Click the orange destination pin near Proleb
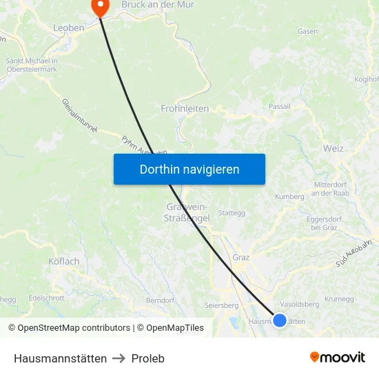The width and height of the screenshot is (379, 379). coord(101,7)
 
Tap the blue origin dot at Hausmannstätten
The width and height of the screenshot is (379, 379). coord(280,320)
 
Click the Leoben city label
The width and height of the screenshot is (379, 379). coord(69,28)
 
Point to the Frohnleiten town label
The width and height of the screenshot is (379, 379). coord(185,108)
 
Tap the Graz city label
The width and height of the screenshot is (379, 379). coord(241,257)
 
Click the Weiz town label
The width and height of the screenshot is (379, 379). coord(333,148)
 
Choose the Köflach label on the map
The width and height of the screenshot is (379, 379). coord(64,261)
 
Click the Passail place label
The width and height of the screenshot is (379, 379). coord(280,107)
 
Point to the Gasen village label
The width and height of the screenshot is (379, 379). coord(307,31)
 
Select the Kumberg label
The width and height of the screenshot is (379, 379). coord(289,196)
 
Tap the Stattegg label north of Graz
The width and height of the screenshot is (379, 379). coord(232,213)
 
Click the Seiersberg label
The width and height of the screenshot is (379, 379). coord(221,305)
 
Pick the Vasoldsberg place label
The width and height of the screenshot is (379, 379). coord(300,304)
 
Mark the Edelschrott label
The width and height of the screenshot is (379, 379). coord(47,298)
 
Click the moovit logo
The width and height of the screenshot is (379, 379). coord(338,358)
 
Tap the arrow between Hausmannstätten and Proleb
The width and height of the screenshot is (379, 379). coord(119,358)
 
